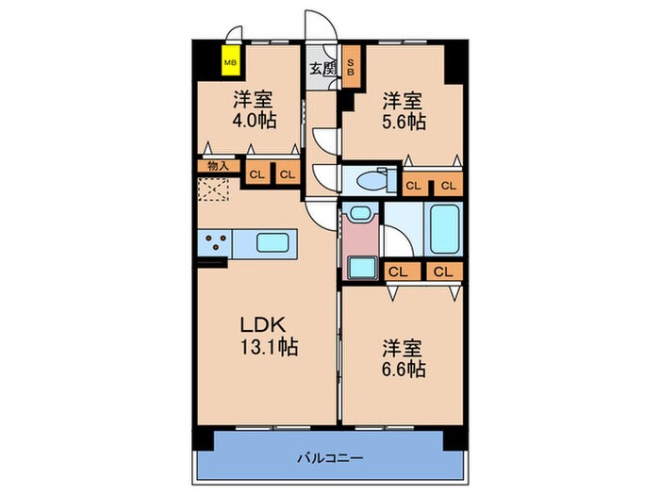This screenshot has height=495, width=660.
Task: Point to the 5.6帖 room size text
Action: [403, 122]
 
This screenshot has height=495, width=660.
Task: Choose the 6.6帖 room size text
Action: [403, 369]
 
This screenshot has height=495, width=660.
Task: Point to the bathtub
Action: [444, 229]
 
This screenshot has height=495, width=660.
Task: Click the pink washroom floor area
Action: [358, 239]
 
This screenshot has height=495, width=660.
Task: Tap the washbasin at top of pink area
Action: [357, 214]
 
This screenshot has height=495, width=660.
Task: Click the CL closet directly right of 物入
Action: [256, 173]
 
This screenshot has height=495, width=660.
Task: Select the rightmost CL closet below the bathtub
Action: [442, 272]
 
